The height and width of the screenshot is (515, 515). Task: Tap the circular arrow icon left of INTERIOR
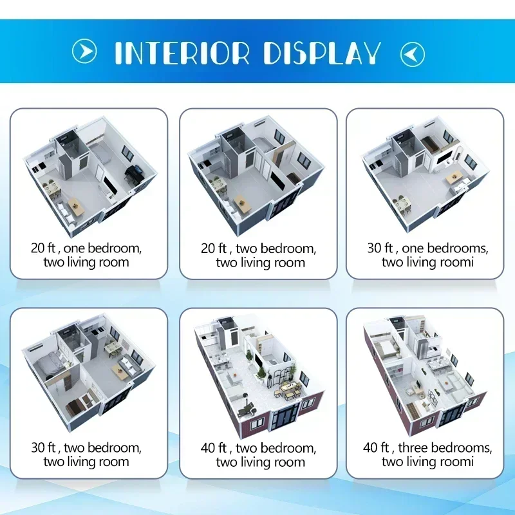tap(84, 51)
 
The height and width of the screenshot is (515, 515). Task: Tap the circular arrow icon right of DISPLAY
tap(412, 53)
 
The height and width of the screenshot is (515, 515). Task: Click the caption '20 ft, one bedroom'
tap(86, 248)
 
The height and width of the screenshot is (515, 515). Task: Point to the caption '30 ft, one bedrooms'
tap(427, 248)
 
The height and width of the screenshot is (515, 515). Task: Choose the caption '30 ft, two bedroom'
tap(86, 447)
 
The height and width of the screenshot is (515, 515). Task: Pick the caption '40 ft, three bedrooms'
tap(427, 447)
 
